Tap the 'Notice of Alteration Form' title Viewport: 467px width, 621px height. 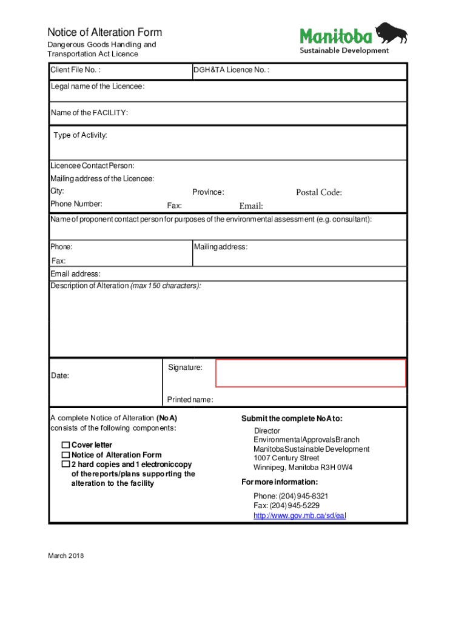click(105, 32)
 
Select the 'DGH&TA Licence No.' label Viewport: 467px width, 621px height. click(231, 70)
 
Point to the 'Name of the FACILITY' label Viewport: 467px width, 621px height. click(89, 113)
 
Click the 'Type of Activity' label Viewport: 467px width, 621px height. click(80, 135)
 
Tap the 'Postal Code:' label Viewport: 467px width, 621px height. click(319, 193)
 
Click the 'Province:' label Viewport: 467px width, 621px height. click(208, 192)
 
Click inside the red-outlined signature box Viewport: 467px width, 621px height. click(311, 373)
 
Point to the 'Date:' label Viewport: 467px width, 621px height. click(60, 376)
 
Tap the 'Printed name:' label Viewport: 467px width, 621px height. click(190, 400)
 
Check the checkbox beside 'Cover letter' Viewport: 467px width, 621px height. click(66, 445)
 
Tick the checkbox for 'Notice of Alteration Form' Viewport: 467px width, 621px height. click(66, 455)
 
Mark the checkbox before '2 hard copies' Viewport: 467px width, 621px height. click(66, 465)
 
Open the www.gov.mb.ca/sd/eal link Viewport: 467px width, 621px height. click(300, 515)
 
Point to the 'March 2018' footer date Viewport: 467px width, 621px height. click(67, 556)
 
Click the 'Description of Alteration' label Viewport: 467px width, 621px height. click(90, 286)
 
